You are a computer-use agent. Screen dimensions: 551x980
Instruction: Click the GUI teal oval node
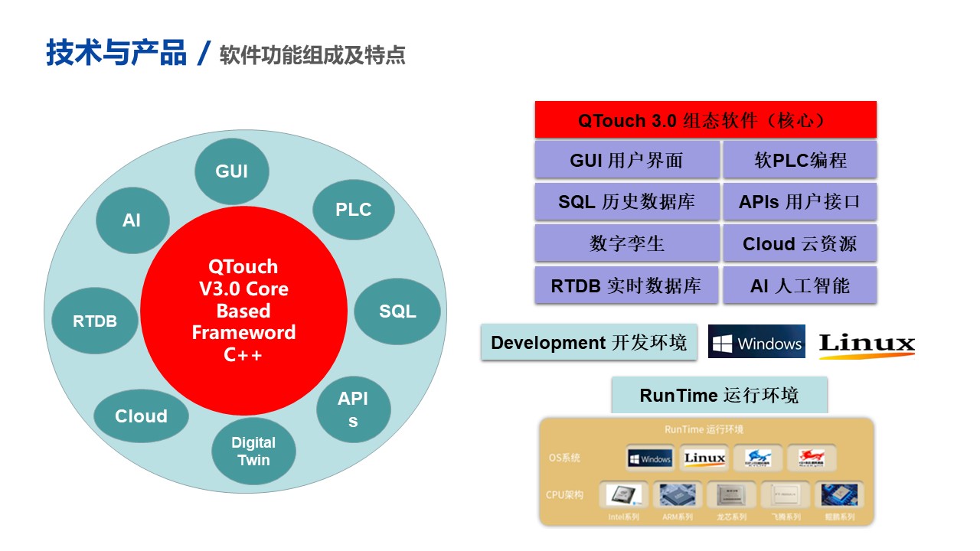tap(232, 171)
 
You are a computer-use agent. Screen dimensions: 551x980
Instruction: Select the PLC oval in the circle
tap(354, 210)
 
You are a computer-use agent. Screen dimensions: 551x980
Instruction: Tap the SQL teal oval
tap(397, 311)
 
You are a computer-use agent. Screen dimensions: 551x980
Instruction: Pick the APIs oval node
tap(353, 409)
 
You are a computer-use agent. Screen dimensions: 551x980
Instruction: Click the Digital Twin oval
tap(253, 452)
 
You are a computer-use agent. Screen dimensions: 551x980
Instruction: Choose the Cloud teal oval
tap(141, 416)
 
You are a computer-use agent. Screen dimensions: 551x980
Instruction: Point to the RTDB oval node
tap(95, 321)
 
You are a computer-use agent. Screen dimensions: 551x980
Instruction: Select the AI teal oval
tap(132, 220)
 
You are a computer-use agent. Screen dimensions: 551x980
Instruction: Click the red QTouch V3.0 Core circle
tap(243, 311)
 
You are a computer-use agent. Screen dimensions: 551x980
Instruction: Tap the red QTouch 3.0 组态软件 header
tap(705, 120)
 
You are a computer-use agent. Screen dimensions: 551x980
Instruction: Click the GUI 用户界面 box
tap(626, 160)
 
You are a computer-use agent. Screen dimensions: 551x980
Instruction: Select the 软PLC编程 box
tap(800, 160)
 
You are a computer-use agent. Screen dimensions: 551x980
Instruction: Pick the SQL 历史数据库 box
tap(626, 202)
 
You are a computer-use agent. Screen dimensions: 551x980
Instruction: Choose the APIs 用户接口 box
tap(800, 202)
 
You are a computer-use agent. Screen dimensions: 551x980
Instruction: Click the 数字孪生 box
tap(626, 244)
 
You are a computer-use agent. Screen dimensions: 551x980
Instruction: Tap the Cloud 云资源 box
tap(800, 244)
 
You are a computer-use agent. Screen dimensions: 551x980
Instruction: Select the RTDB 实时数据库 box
tap(626, 286)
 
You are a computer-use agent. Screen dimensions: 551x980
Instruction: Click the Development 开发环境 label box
tap(589, 342)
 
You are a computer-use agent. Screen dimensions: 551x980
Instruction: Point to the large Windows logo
tap(756, 344)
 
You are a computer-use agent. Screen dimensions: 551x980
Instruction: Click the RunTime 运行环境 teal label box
tap(719, 395)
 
